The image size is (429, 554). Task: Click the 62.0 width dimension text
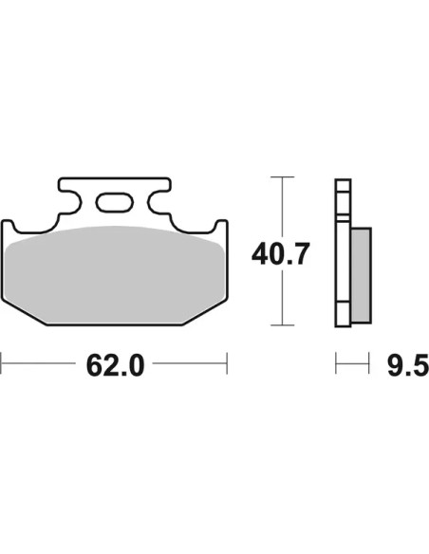click(115, 365)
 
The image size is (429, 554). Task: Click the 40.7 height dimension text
click(281, 253)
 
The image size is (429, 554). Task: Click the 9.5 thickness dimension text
click(408, 365)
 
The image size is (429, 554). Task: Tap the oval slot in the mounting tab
click(115, 202)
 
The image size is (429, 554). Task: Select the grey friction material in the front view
click(115, 275)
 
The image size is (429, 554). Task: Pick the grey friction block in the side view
click(361, 275)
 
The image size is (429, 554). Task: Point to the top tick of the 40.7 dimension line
click(282, 176)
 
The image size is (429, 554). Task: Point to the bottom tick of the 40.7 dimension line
click(282, 324)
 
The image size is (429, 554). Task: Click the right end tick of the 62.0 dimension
click(227, 363)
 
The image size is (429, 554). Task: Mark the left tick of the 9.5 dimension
click(336, 363)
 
